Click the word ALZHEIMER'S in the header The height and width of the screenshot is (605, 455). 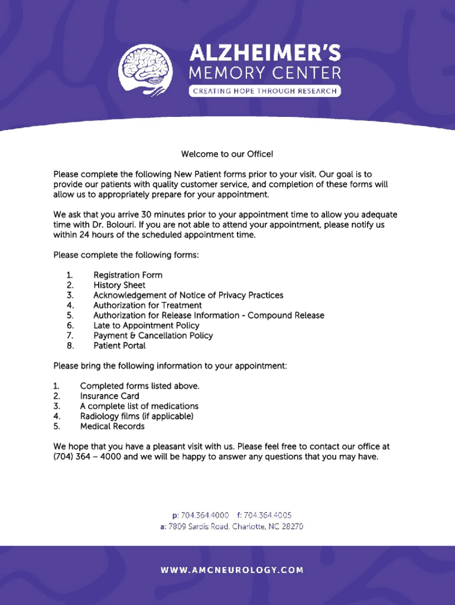pyautogui.click(x=265, y=54)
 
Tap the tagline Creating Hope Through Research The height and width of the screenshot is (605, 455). pyautogui.click(x=265, y=91)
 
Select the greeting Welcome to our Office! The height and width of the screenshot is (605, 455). pyautogui.click(x=227, y=154)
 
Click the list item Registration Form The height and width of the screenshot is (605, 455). pyautogui.click(x=128, y=275)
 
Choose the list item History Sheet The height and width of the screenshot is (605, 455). pyautogui.click(x=119, y=285)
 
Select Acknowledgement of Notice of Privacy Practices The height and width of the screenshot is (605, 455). pyautogui.click(x=188, y=295)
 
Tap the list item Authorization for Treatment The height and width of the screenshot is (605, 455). pyautogui.click(x=147, y=305)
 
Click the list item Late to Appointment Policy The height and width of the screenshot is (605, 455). pyautogui.click(x=146, y=326)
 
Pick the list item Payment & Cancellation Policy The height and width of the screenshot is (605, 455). pyautogui.click(x=152, y=336)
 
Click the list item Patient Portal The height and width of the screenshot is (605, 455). pyautogui.click(x=119, y=346)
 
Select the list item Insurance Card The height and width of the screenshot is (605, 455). pyautogui.click(x=109, y=396)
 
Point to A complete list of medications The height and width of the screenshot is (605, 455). pyautogui.click(x=139, y=406)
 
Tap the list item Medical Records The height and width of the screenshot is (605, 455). pyautogui.click(x=112, y=426)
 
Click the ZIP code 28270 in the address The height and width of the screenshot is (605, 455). pyautogui.click(x=292, y=526)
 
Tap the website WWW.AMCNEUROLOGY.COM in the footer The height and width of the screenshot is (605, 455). pyautogui.click(x=232, y=570)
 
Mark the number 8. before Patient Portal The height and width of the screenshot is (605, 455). pyautogui.click(x=70, y=346)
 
